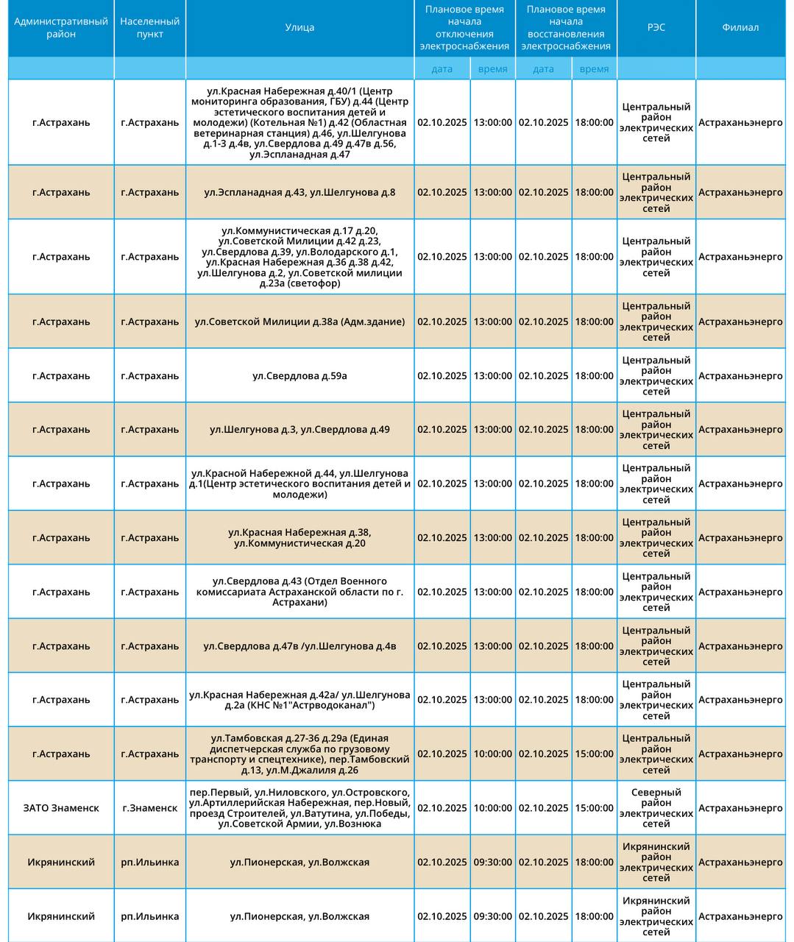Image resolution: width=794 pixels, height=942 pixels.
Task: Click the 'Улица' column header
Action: coord(299,28)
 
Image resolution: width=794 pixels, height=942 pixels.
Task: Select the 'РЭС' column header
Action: coord(656,28)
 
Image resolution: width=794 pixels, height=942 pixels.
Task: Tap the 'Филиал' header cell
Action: coord(740,28)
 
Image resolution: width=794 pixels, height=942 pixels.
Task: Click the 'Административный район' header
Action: coord(61,28)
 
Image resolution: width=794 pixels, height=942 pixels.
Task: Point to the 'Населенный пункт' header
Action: coord(150,28)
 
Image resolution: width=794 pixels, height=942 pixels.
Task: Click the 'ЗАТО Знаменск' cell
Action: coord(61,808)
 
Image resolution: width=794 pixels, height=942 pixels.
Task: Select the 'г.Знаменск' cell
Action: coord(150,808)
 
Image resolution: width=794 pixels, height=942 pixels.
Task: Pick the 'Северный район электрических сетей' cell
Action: coord(656,808)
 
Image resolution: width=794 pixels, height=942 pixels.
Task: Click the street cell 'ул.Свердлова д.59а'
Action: coord(299,376)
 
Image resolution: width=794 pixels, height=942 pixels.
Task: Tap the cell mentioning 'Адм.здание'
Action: coord(299,322)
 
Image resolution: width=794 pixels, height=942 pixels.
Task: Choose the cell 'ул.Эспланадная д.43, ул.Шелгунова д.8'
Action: coord(299,193)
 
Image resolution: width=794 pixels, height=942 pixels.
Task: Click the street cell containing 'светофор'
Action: coord(299,257)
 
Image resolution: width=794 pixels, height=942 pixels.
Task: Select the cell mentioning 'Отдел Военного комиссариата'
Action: coord(299,592)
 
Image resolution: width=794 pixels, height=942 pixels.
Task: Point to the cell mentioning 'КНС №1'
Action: coord(299,700)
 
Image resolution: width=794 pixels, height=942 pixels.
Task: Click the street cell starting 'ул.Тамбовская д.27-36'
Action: coord(299,754)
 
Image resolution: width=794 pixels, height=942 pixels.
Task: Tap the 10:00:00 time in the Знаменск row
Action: coord(492,808)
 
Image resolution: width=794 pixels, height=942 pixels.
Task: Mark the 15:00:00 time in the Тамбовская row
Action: coord(594,754)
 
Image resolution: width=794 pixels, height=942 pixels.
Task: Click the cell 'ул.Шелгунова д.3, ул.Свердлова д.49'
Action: coord(299,430)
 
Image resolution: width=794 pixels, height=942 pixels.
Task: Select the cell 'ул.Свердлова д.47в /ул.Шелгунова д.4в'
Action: coord(299,646)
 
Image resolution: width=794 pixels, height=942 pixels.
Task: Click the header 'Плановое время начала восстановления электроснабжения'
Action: coord(565,28)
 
